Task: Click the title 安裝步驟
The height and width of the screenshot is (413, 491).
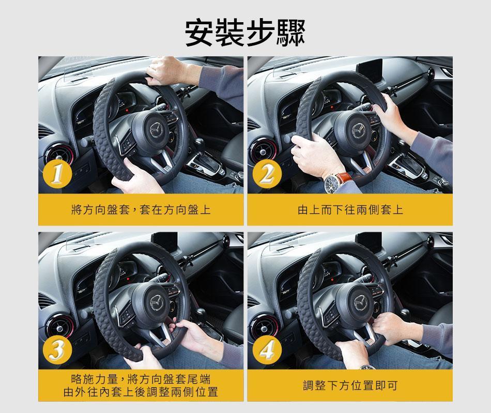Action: tap(245, 33)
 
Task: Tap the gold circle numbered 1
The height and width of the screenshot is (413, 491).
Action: tap(57, 174)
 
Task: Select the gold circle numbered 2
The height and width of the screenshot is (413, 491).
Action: tap(267, 174)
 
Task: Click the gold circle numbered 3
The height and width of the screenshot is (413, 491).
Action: tap(57, 350)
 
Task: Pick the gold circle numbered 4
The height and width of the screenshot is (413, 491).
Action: tap(267, 350)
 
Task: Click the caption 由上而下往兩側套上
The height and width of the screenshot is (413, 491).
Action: tap(350, 210)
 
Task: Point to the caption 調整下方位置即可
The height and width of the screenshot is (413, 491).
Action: tap(350, 385)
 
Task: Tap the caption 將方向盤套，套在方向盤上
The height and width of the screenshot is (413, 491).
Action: tap(141, 210)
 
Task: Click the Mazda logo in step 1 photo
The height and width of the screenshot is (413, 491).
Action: tap(156, 130)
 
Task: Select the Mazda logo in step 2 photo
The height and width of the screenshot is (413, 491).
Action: tap(358, 130)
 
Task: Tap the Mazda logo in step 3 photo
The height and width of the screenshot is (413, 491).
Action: tap(156, 301)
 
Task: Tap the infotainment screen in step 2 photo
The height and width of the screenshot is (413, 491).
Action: tap(370, 71)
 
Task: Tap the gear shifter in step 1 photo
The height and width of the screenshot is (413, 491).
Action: tap(199, 147)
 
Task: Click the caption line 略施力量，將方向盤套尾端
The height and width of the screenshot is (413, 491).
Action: tap(141, 379)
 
